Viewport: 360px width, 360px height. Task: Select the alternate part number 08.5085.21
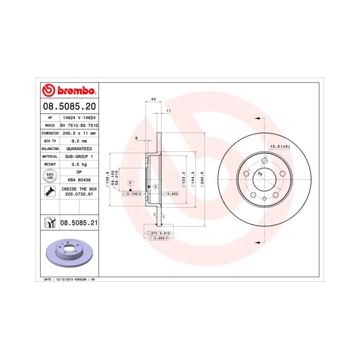pos(79,223)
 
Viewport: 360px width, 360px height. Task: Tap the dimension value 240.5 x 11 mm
pos(79,133)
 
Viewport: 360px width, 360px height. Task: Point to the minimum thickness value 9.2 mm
pos(79,140)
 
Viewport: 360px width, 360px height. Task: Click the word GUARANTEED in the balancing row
pos(79,148)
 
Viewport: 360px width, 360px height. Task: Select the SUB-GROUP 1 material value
pos(79,156)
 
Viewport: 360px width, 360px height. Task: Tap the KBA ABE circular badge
pos(49,176)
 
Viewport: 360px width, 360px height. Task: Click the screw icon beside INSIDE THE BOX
pos(49,192)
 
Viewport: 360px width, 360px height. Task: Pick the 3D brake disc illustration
pos(68,253)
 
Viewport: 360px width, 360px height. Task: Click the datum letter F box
pos(131,183)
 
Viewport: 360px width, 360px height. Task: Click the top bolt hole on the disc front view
pos(264,160)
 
